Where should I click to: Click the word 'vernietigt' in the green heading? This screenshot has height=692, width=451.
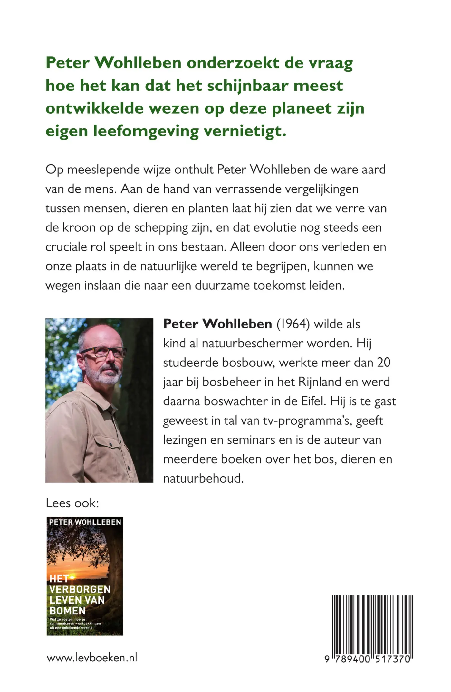coord(245,131)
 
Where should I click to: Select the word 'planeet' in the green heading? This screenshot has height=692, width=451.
coord(302,109)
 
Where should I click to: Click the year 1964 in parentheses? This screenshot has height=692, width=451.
coord(293,324)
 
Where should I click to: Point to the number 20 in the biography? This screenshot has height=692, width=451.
coord(384,363)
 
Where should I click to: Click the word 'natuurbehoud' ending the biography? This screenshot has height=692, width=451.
coord(203,478)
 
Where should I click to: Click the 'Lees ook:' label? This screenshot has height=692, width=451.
coord(72,503)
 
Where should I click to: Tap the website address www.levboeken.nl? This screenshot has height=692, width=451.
coord(92,658)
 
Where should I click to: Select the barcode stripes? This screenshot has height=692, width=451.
coord(372,623)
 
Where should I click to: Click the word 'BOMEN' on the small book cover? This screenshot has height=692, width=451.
coord(67,611)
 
